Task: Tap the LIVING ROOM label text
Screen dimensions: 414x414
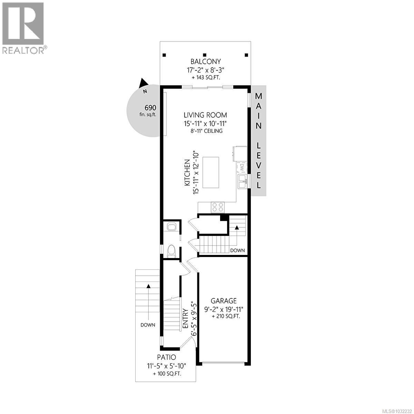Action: (205, 115)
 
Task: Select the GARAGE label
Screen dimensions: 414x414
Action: (224, 301)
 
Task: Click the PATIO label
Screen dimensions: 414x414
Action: (166, 357)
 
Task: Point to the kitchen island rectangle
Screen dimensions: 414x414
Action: (210, 172)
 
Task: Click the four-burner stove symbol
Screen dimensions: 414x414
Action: (218, 207)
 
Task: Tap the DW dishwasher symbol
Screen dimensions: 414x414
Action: (242, 168)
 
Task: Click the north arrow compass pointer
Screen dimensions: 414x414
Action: (144, 84)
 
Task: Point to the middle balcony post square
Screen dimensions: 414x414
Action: (205, 55)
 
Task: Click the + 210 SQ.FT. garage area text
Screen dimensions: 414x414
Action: (226, 316)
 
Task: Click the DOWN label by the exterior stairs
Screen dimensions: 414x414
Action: (148, 325)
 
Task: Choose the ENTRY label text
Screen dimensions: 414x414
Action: (186, 318)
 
